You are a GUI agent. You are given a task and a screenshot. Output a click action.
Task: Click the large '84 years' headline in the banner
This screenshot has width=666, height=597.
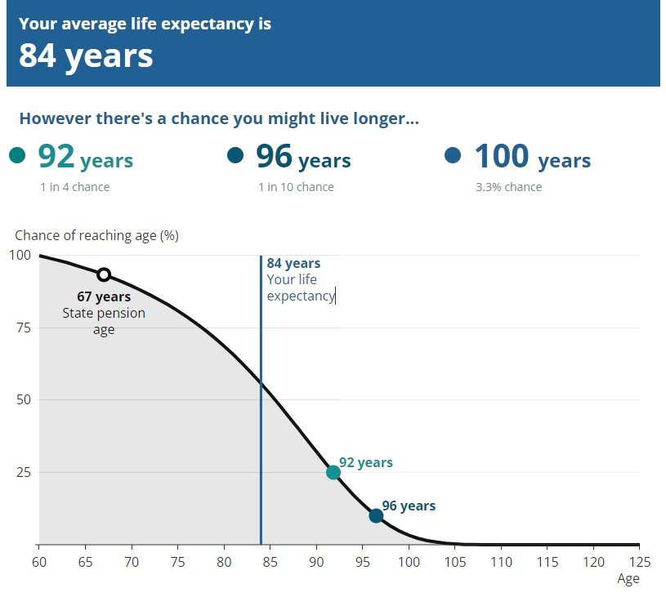[86, 56]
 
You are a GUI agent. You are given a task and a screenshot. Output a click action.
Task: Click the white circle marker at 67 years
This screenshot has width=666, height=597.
[104, 274]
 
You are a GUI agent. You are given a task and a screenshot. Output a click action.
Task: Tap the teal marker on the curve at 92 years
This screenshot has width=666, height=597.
[333, 472]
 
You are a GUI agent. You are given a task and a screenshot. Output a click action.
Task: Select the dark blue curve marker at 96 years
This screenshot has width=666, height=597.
[376, 515]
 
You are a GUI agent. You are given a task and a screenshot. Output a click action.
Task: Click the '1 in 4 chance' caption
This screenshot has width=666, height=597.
[74, 187]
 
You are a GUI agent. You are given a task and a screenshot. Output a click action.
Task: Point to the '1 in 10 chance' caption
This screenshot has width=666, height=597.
[296, 187]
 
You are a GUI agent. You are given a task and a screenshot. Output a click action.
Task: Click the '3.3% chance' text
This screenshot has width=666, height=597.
[508, 187]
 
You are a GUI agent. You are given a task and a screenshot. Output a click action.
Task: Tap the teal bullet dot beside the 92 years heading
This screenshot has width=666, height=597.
[17, 155]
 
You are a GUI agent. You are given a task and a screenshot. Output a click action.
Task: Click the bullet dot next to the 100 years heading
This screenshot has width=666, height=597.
[453, 155]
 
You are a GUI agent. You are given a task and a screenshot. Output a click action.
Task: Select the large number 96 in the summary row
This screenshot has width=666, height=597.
[274, 155]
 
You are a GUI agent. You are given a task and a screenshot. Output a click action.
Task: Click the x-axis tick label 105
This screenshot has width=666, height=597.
[455, 562]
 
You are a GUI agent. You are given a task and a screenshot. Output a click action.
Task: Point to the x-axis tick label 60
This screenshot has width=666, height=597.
[38, 562]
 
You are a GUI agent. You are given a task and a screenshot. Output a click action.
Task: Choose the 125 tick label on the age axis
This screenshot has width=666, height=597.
[639, 562]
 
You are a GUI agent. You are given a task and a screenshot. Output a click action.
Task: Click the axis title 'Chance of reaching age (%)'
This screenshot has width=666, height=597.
[96, 236]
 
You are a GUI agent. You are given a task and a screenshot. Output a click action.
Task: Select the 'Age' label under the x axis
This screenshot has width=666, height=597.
[628, 578]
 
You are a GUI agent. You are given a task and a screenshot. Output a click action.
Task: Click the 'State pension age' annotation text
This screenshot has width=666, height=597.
[104, 321]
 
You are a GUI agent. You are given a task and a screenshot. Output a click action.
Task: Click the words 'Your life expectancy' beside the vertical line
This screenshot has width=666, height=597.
[300, 287]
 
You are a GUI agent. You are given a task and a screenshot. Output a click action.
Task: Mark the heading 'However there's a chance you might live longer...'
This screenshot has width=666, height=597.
[219, 118]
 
